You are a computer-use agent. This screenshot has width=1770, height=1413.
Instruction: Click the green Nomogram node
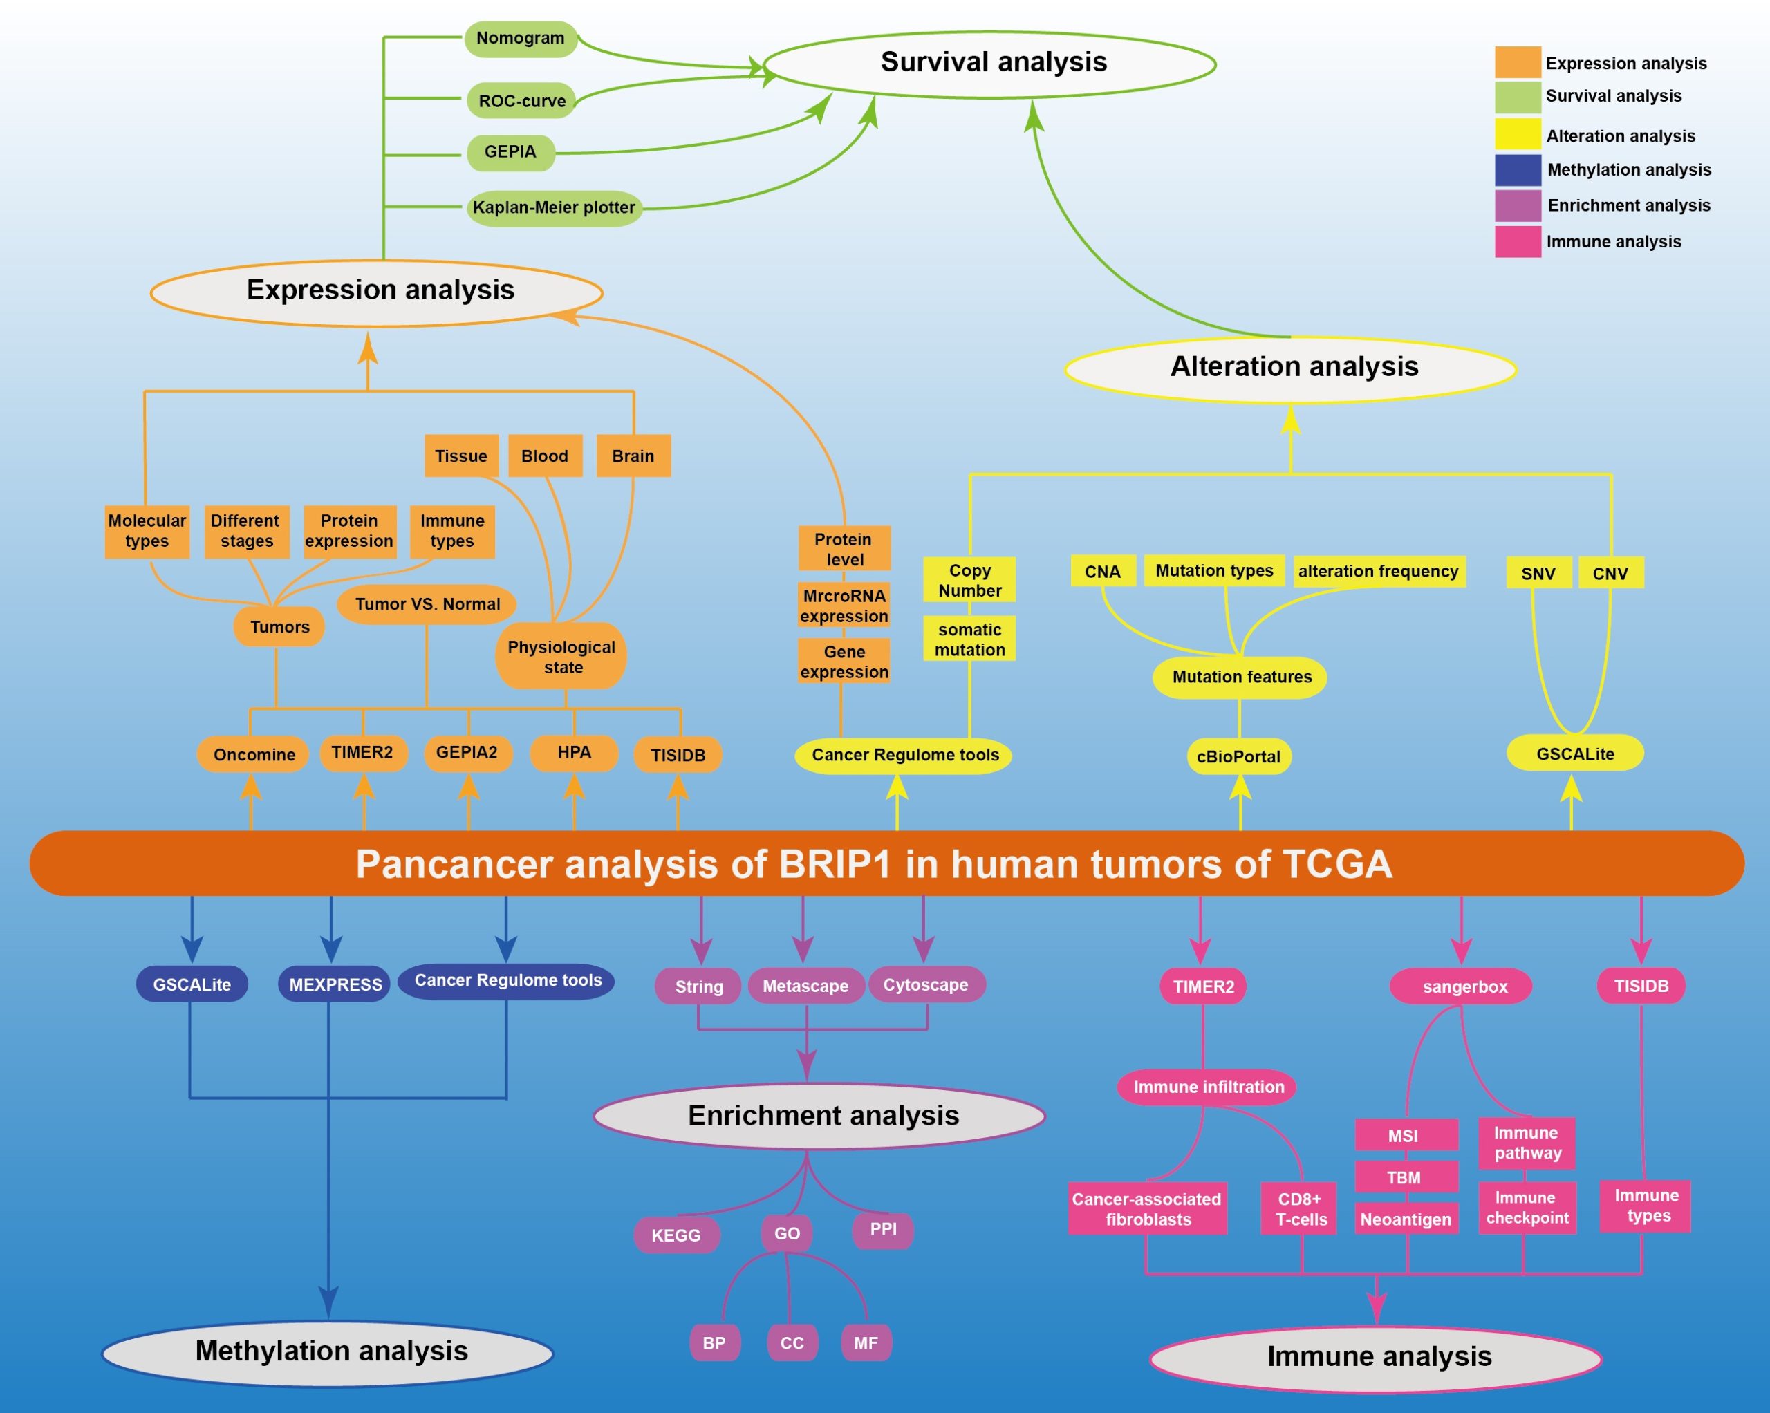pos(521,39)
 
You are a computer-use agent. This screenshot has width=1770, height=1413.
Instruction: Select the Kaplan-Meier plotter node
pos(554,207)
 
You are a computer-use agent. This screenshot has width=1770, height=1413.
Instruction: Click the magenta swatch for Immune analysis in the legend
pos(1517,241)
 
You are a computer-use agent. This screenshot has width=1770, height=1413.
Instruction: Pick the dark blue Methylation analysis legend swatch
pos(1517,170)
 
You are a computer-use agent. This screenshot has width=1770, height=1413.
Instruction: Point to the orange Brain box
pos(632,456)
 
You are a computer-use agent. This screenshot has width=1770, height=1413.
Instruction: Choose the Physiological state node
pos(561,657)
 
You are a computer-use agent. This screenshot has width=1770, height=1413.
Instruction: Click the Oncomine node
pos(254,754)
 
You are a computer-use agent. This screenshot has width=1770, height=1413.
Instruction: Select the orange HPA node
pos(574,753)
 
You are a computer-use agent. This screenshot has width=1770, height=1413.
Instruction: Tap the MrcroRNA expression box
pos(844,606)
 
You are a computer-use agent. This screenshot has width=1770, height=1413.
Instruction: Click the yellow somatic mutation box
pos(969,639)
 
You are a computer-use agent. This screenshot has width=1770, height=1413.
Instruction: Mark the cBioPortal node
pos(1238,756)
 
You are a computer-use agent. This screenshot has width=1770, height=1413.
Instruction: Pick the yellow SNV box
pos(1538,573)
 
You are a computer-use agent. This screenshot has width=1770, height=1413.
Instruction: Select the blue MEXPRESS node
pos(335,984)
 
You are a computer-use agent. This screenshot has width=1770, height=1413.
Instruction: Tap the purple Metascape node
pos(805,986)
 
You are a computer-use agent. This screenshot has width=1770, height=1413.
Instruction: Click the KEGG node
pos(676,1235)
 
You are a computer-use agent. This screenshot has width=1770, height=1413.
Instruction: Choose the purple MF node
pos(866,1343)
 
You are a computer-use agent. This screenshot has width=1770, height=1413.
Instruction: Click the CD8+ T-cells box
pos(1301,1209)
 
